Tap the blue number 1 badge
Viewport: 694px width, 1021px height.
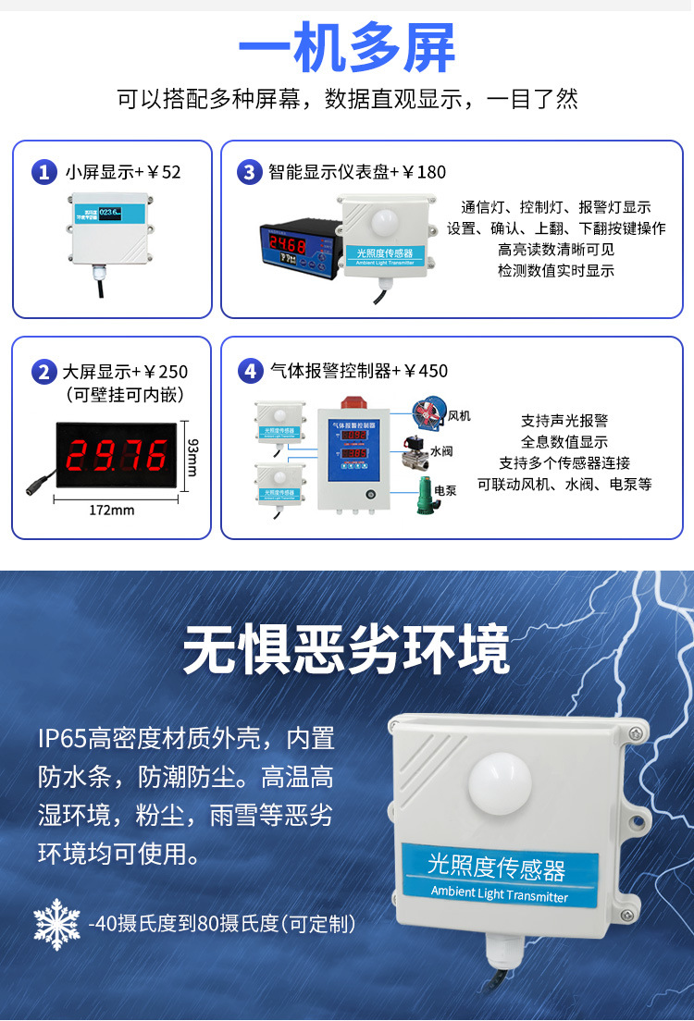pyautogui.click(x=43, y=172)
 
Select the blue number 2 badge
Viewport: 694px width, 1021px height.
pyautogui.click(x=43, y=372)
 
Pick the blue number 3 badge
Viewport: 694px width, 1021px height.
pyautogui.click(x=249, y=172)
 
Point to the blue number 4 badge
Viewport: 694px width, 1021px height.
pyautogui.click(x=250, y=372)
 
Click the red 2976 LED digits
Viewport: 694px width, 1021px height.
pyautogui.click(x=118, y=456)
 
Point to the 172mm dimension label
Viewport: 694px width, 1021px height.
pyautogui.click(x=111, y=511)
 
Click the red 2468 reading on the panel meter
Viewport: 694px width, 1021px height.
pyautogui.click(x=288, y=246)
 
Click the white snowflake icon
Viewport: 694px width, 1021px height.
pyautogui.click(x=56, y=922)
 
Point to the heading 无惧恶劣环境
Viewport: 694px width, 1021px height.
pyautogui.click(x=346, y=651)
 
